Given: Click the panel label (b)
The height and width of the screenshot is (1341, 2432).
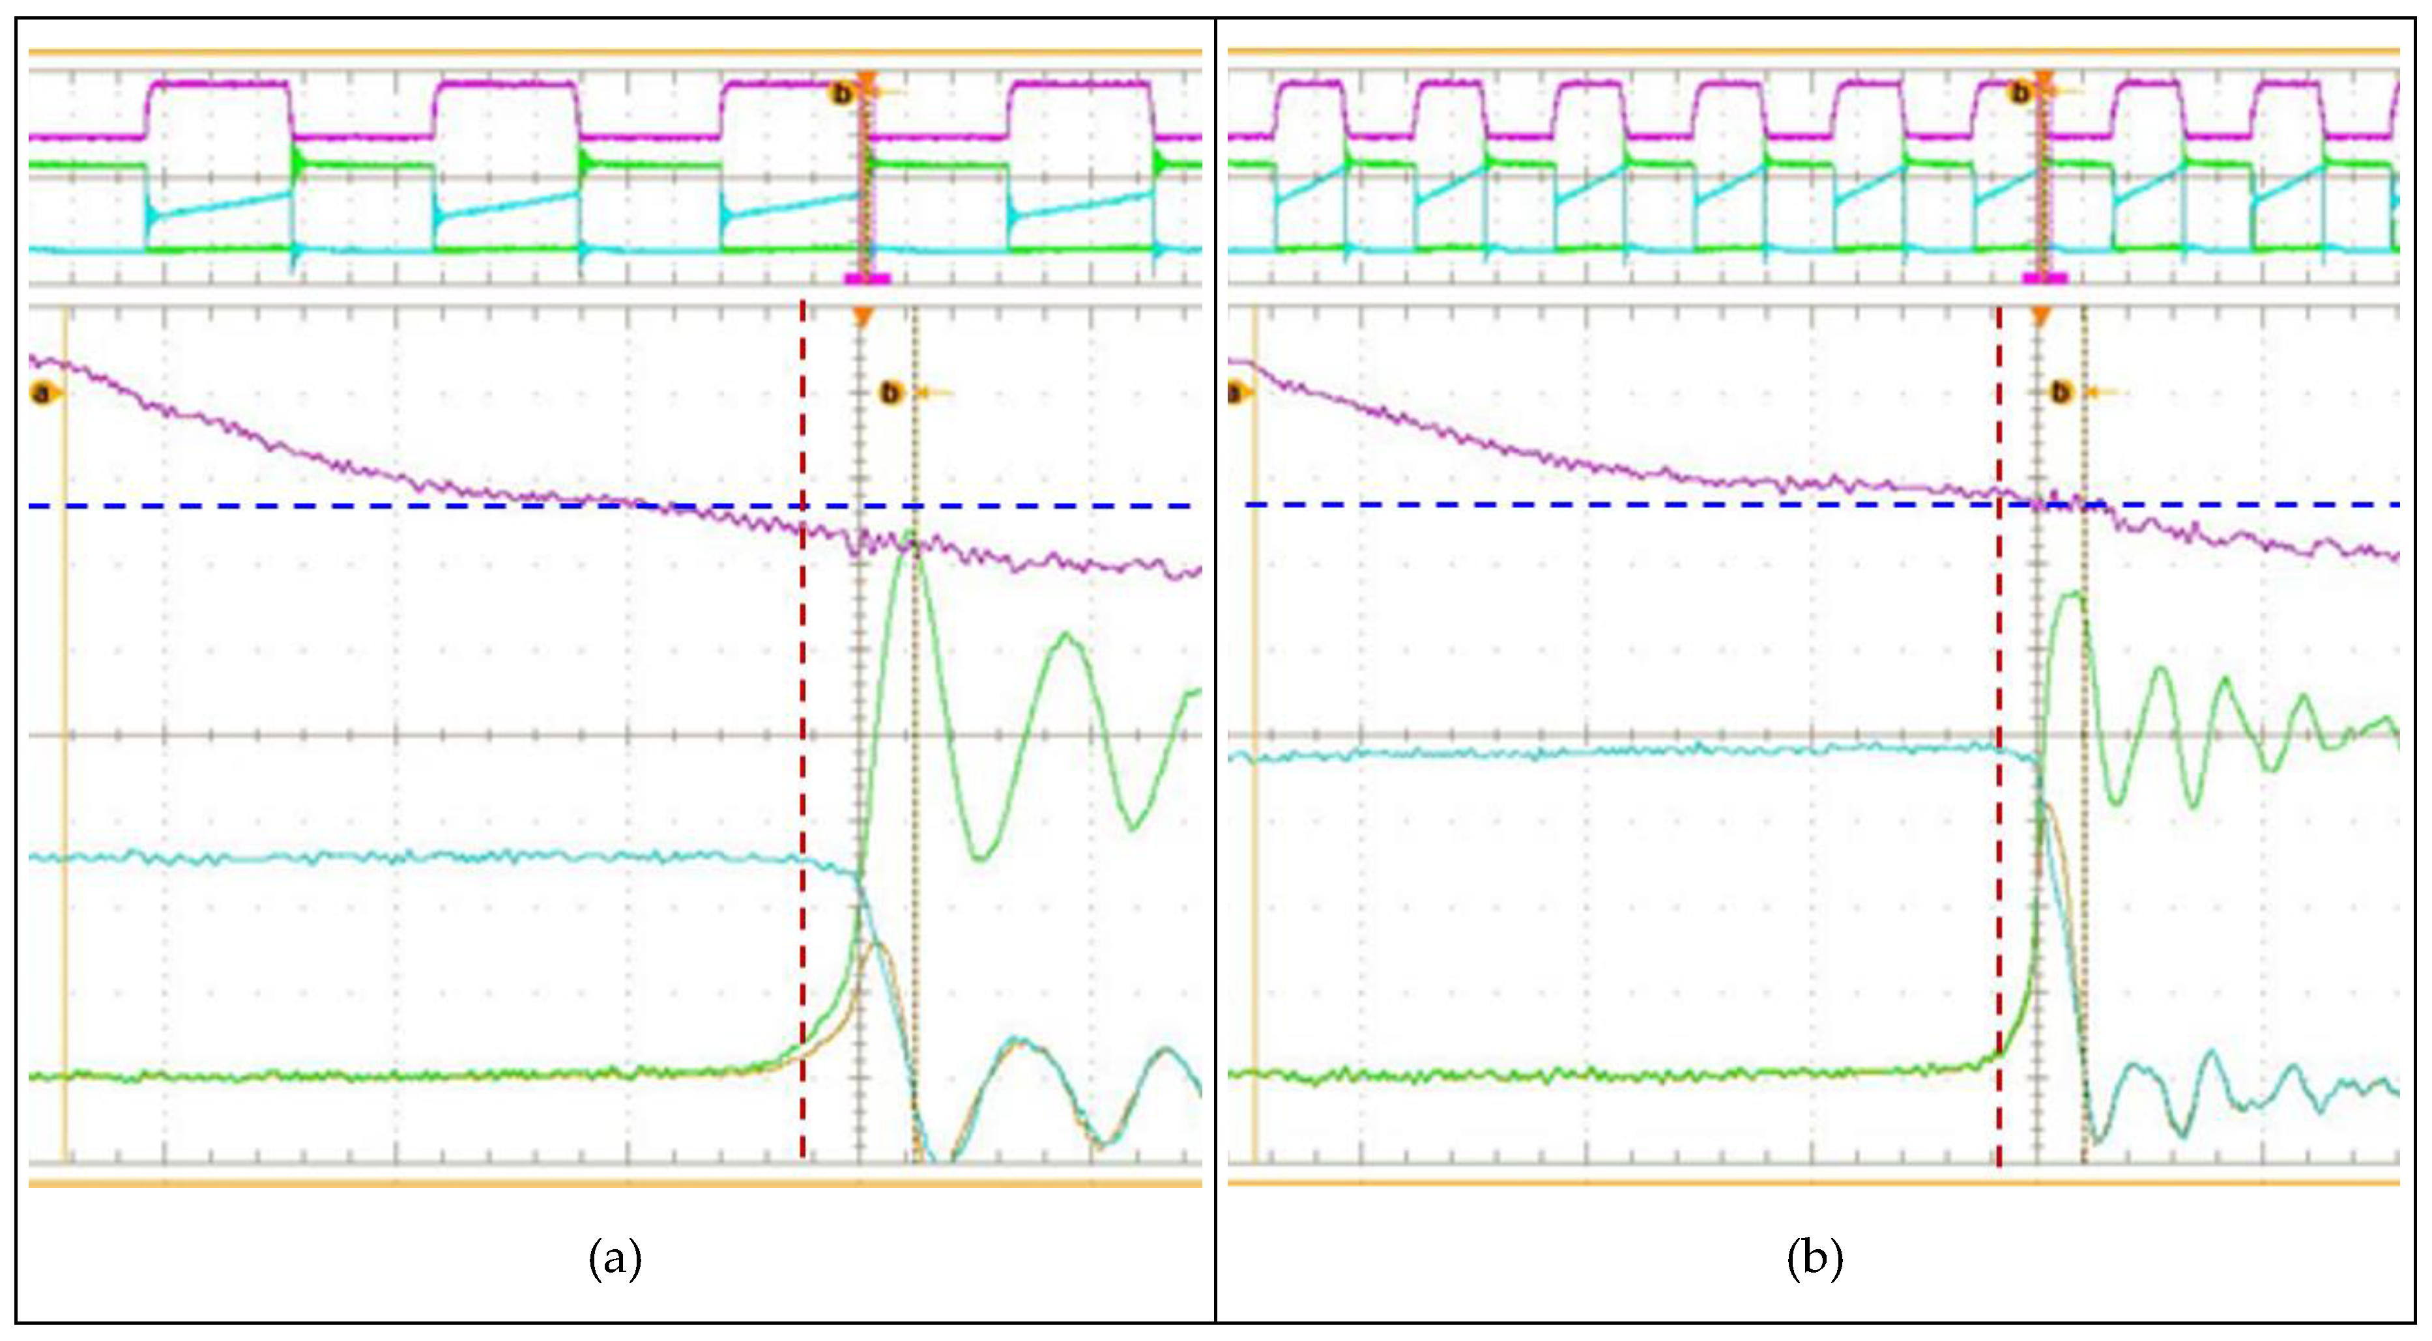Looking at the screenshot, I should click(1814, 1259).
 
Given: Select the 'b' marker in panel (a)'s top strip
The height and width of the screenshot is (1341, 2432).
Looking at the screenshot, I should click(840, 93).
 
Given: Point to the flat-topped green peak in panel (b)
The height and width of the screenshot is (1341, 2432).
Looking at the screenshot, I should click(2068, 597).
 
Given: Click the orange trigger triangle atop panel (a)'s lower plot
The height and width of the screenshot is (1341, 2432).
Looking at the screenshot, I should click(861, 317).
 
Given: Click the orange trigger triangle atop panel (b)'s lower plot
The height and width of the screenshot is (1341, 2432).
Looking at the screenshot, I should click(2041, 317).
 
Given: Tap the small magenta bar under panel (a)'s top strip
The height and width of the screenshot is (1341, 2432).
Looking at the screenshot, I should click(867, 278).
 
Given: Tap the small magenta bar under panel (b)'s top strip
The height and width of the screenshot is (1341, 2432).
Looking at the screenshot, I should click(2045, 277).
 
